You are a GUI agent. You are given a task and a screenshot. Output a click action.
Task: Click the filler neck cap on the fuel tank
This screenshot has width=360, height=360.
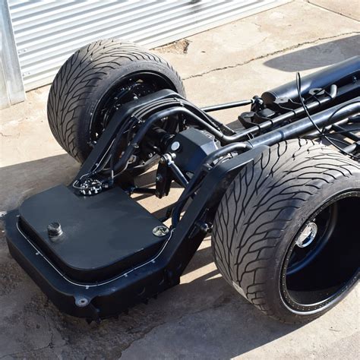click(55, 229)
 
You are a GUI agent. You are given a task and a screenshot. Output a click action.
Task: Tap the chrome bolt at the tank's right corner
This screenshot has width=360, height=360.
click(160, 230)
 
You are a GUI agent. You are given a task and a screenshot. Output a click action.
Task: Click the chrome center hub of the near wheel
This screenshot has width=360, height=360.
click(306, 235)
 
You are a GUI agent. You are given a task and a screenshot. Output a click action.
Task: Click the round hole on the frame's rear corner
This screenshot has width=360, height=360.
click(82, 302)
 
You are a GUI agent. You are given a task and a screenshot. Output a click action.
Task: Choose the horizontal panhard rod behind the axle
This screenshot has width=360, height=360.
click(228, 106)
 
